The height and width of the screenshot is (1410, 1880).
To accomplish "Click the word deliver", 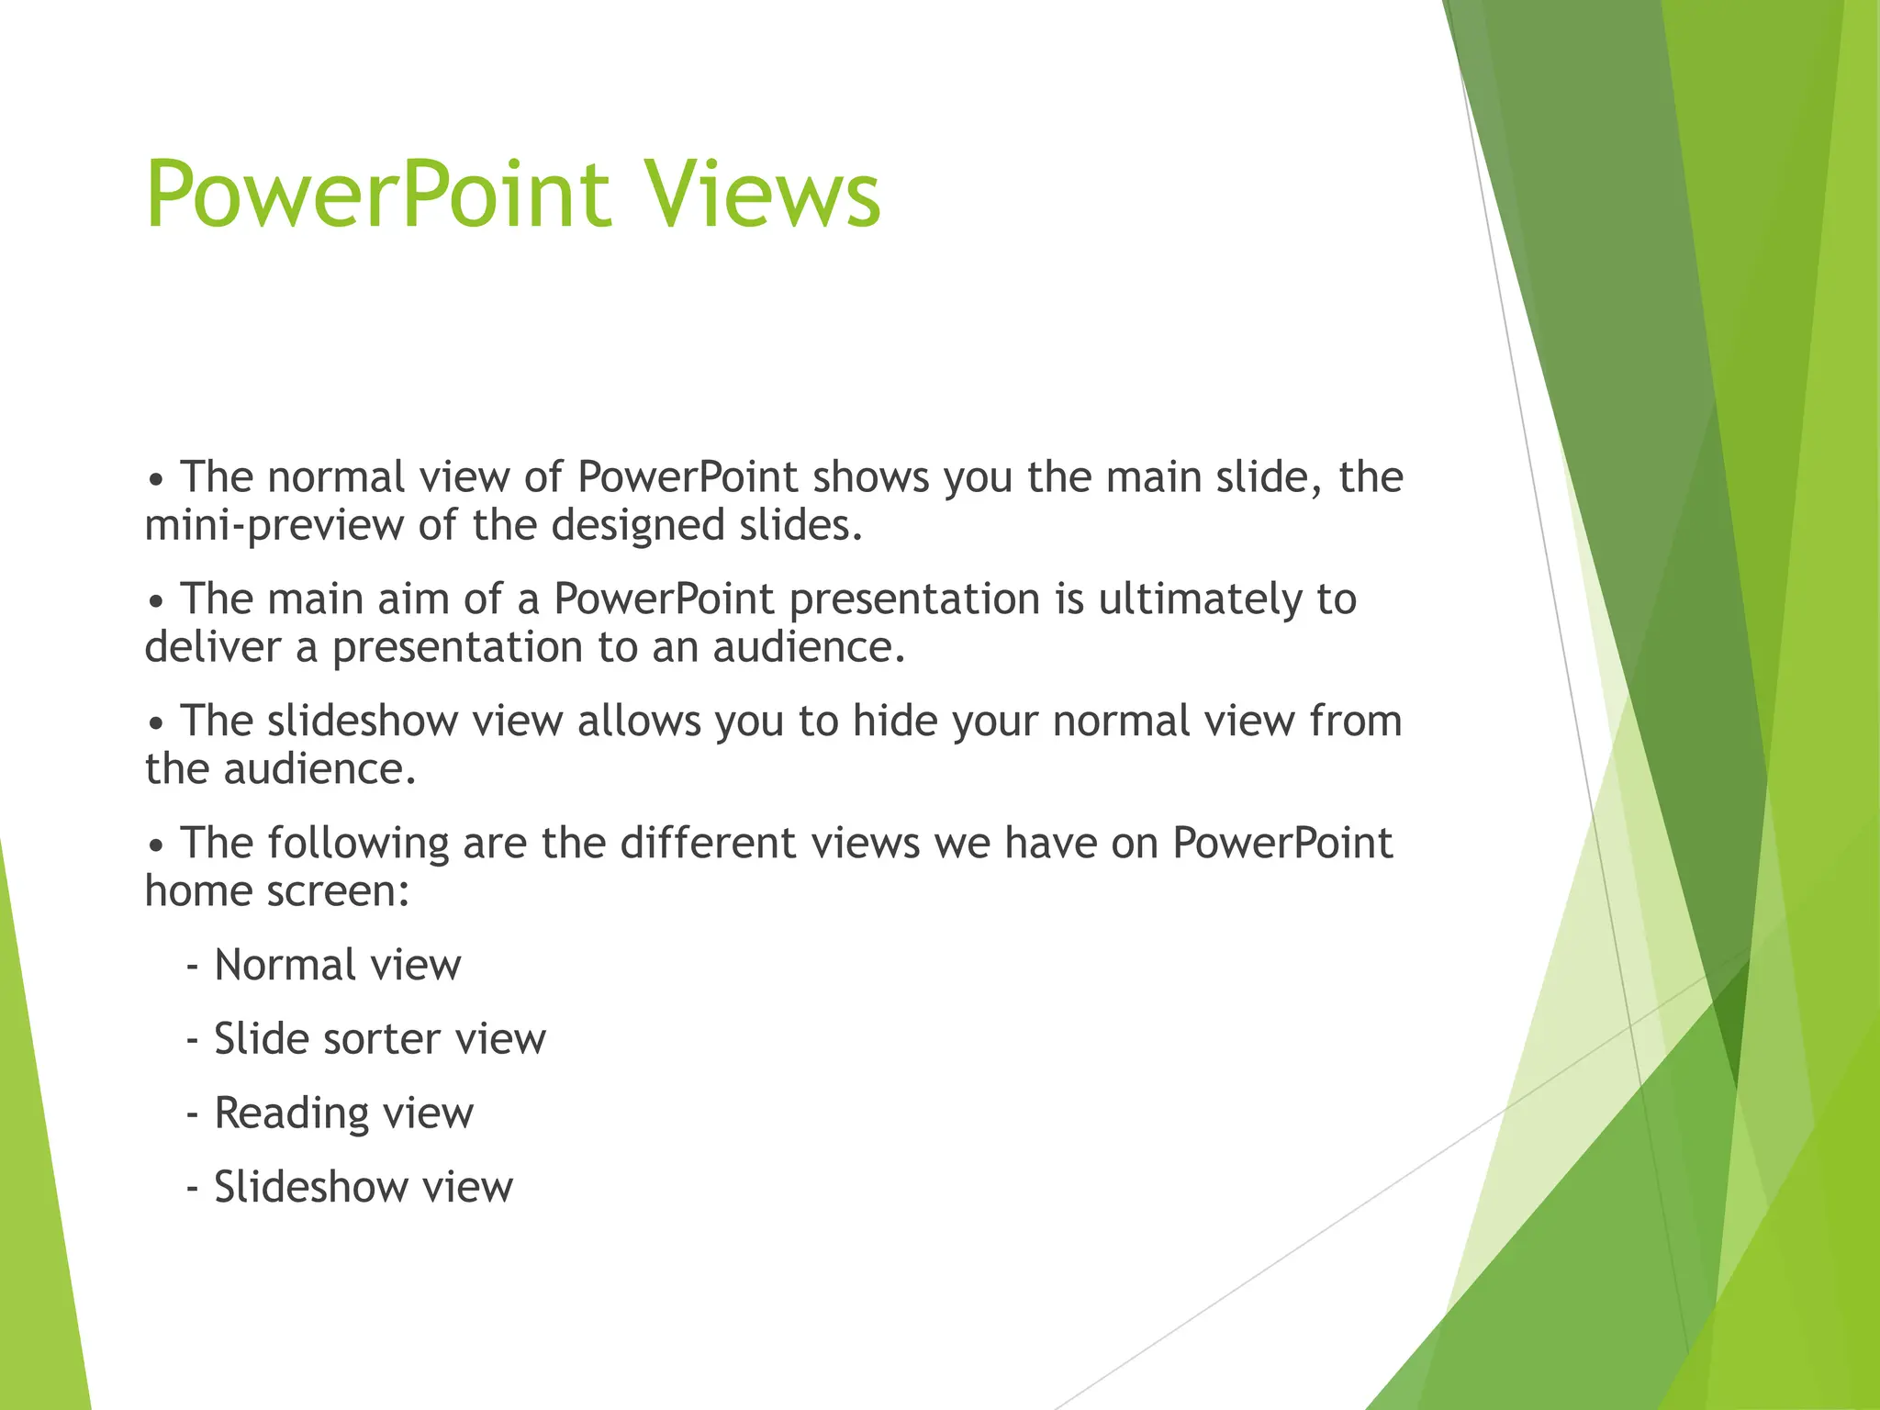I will [213, 647].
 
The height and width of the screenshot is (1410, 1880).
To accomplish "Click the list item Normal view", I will [337, 965].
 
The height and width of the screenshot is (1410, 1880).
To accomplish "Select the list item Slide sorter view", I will [379, 1039].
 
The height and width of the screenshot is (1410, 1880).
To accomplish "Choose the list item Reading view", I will [343, 1113].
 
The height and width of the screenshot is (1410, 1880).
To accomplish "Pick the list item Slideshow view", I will [363, 1187].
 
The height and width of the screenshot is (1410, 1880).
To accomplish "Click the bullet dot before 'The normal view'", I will [157, 481].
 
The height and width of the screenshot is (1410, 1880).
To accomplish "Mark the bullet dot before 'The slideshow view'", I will [157, 725].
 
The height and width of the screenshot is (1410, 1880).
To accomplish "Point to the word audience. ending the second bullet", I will [809, 647].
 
